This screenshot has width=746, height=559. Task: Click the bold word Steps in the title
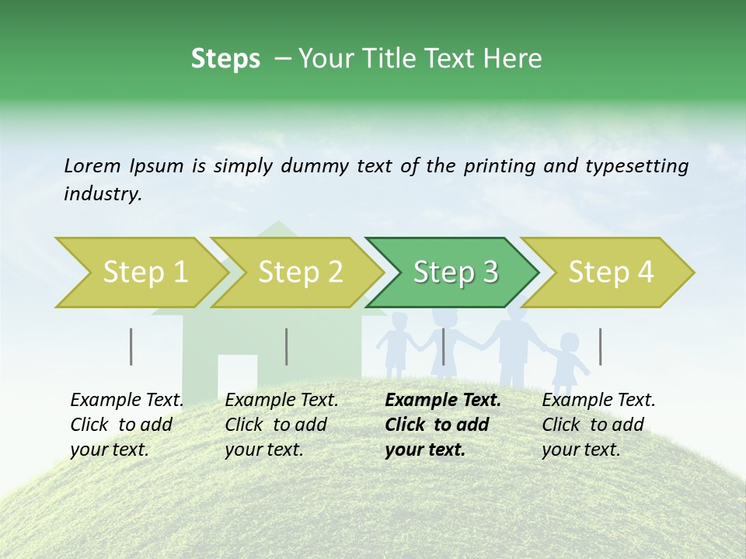point(225,59)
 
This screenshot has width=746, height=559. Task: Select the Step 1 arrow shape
point(140,273)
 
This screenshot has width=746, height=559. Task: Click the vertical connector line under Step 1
point(131,346)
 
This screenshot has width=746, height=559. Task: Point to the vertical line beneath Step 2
point(287,346)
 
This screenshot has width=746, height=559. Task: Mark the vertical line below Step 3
point(444,346)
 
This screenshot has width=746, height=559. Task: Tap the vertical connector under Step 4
point(601,346)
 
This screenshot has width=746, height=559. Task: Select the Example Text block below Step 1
point(126,425)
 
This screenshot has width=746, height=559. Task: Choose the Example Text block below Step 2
point(281,425)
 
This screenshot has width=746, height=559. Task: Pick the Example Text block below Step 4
point(598,425)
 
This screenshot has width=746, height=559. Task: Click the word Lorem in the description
point(92,165)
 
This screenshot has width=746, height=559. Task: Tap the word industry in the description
point(102,194)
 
